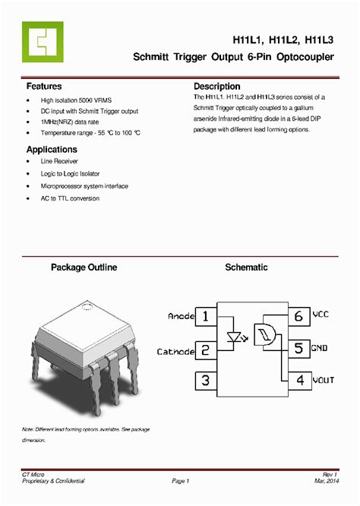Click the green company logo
43,42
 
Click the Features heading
44,87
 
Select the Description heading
217,87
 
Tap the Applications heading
52,150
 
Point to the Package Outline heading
84,268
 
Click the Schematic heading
246,268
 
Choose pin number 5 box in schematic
298,348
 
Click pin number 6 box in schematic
298,315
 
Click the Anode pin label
181,316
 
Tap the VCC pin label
321,314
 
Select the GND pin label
320,348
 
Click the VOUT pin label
322,380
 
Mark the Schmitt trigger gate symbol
265,334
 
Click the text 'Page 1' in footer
180,481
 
